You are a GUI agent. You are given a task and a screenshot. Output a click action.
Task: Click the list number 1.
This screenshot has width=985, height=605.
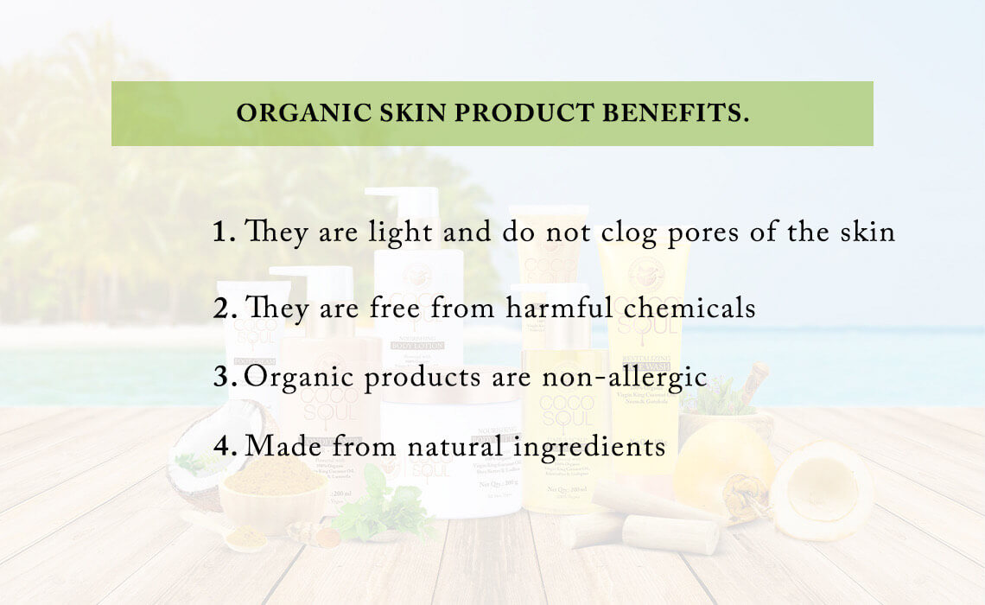click(224, 232)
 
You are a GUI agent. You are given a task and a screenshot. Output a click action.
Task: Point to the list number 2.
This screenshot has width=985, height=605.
click(224, 309)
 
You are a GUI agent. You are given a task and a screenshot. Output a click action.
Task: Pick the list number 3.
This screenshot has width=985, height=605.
click(224, 378)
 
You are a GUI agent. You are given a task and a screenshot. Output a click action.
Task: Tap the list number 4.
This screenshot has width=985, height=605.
click(224, 447)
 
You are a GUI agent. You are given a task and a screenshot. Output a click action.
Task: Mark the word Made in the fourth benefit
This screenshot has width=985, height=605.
click(279, 447)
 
